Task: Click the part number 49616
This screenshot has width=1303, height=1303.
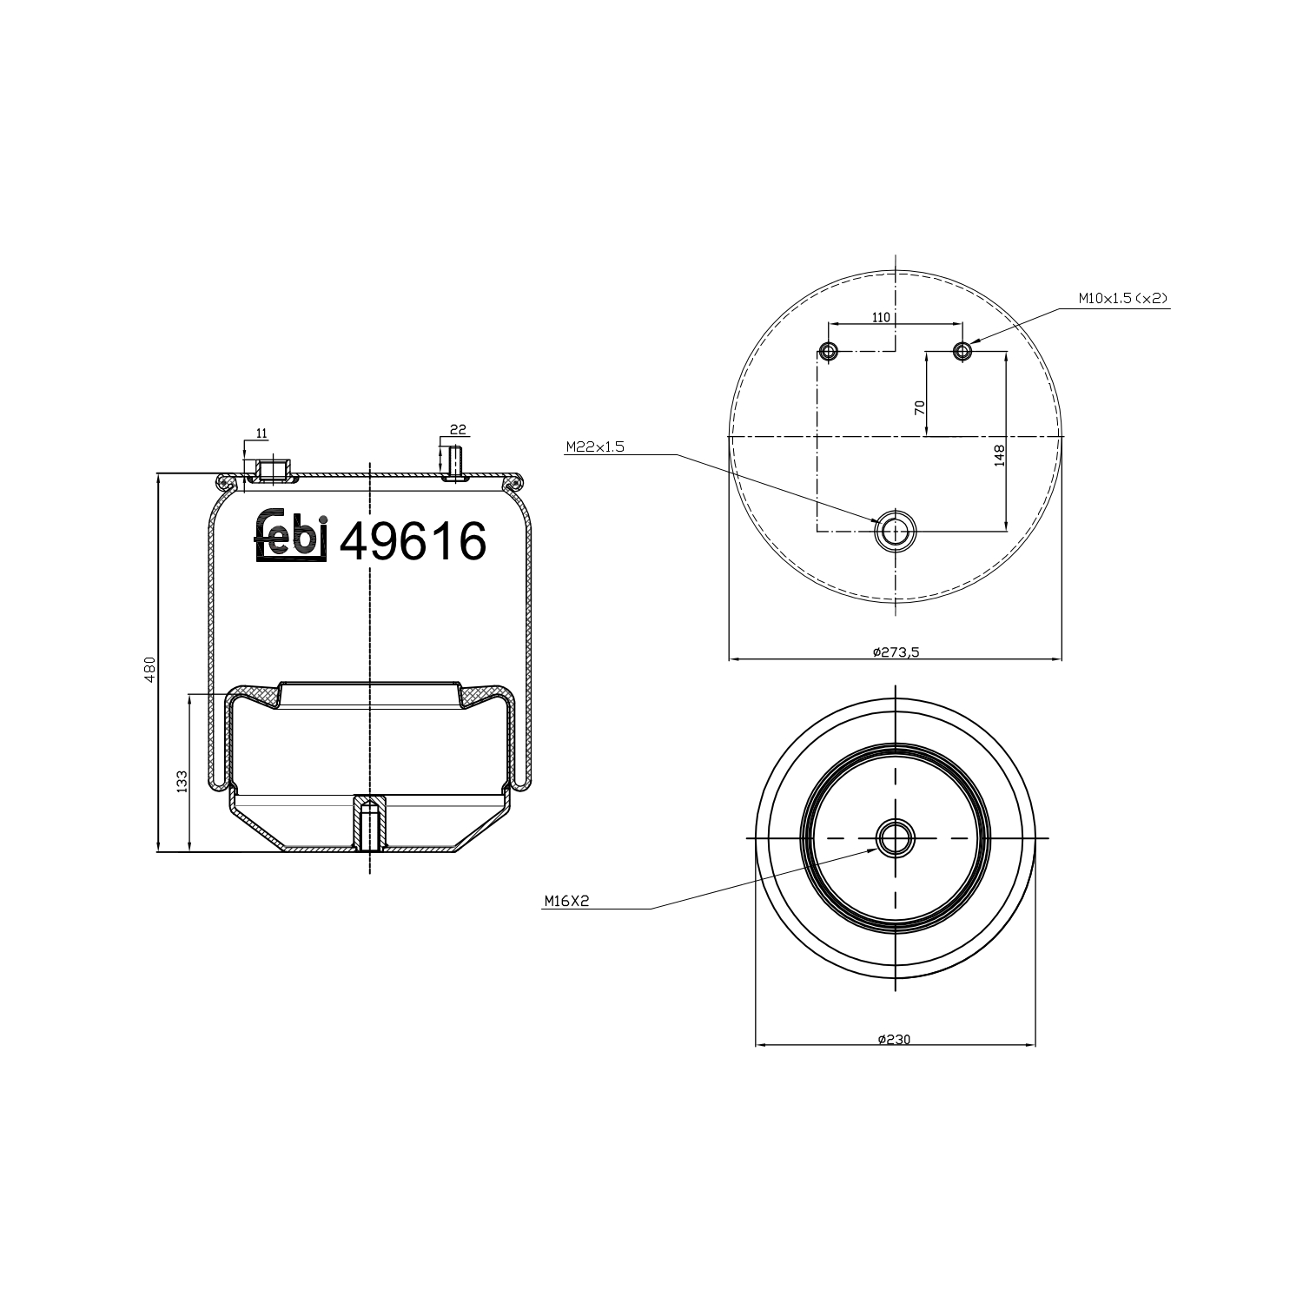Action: [x=413, y=542]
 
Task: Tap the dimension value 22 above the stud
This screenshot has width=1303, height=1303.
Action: [x=459, y=429]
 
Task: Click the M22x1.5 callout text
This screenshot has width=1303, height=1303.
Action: [x=595, y=446]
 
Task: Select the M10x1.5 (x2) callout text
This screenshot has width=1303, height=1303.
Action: [x=1123, y=298]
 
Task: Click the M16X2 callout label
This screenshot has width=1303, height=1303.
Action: [x=566, y=902]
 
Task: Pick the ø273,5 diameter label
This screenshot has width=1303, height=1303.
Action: [x=896, y=651]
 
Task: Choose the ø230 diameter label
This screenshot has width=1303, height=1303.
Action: [x=894, y=1039]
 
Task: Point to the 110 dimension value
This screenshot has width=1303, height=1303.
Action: [x=880, y=317]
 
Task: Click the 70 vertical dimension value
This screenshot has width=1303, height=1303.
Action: [x=920, y=406]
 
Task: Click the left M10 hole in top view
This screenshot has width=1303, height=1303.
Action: [x=828, y=351]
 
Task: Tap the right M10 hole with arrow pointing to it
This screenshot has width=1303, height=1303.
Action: [x=962, y=351]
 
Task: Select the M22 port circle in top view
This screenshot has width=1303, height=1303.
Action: [x=895, y=529]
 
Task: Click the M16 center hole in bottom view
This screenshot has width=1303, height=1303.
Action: [x=895, y=838]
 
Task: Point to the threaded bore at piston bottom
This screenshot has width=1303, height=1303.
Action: [x=369, y=826]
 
